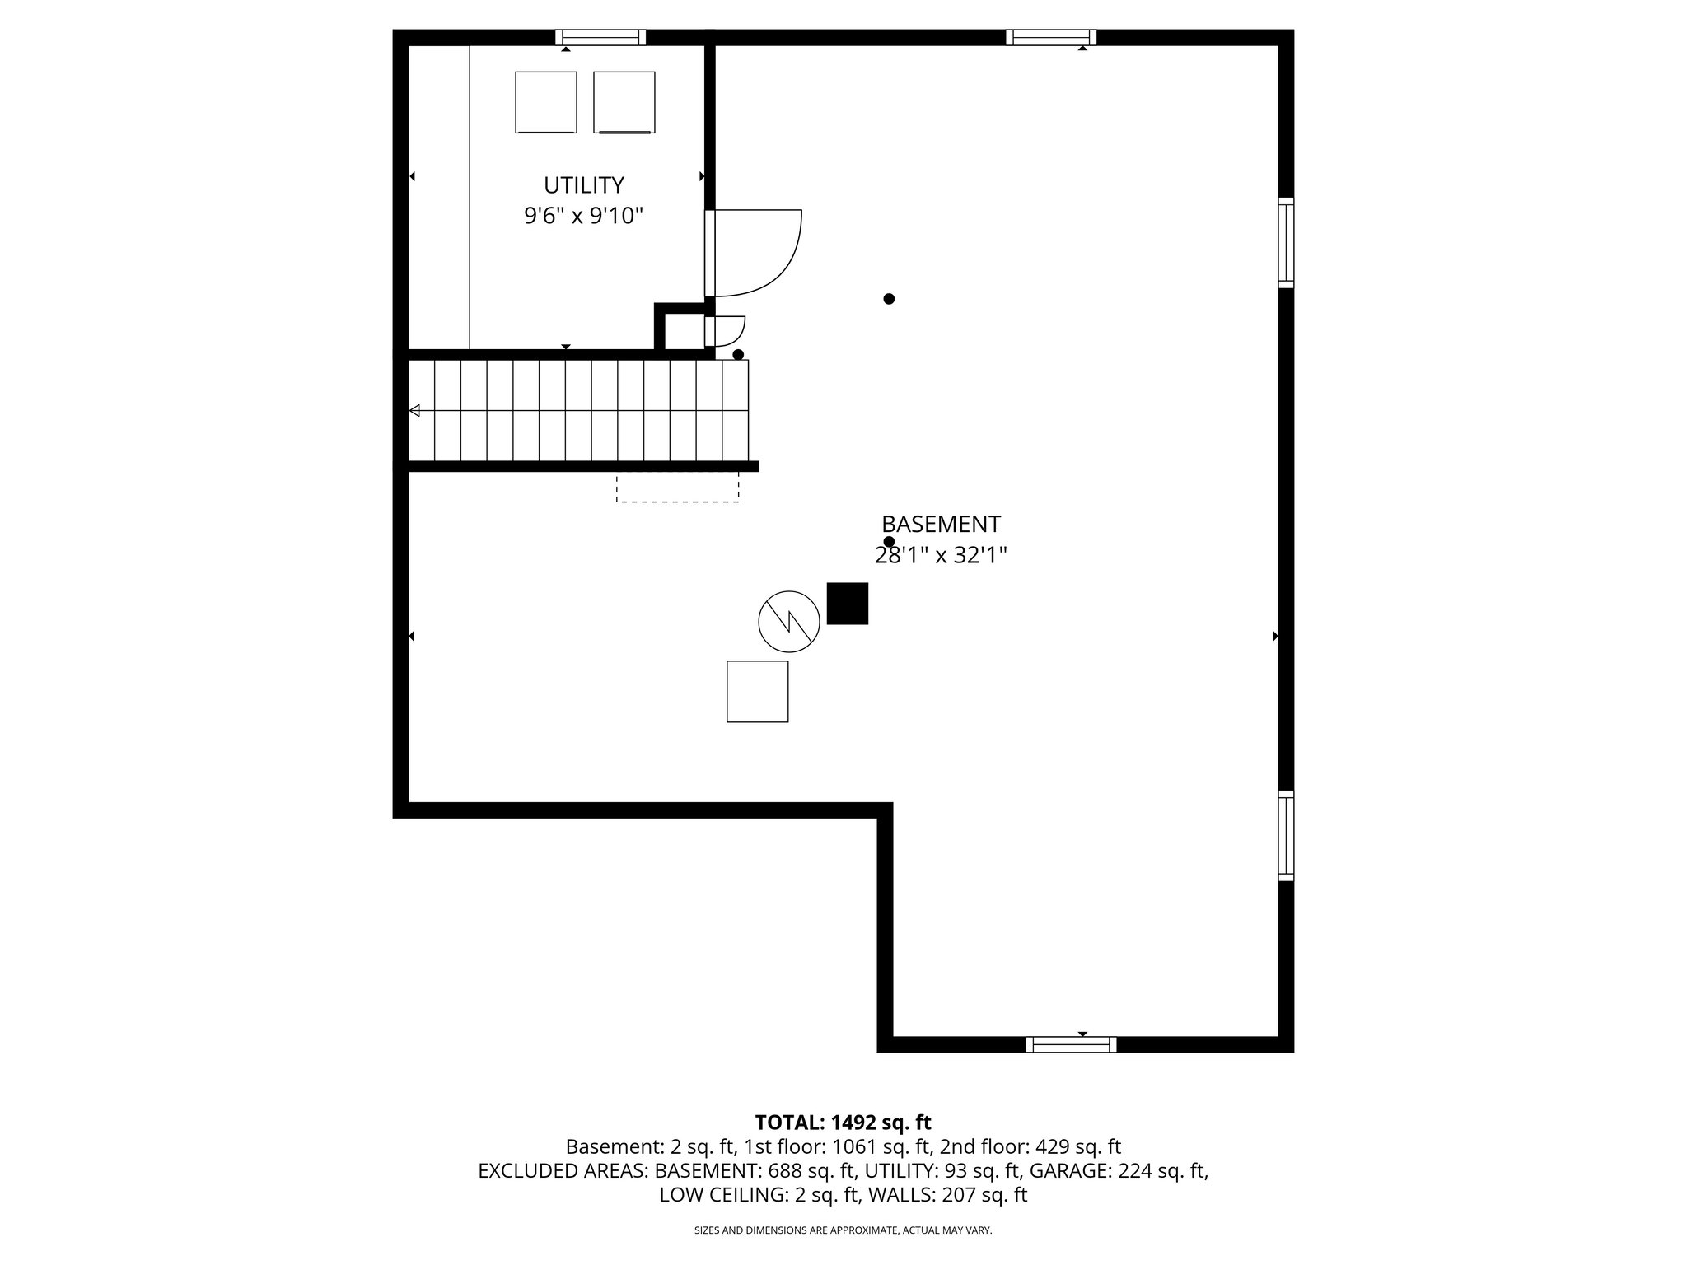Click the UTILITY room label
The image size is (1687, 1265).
point(583,184)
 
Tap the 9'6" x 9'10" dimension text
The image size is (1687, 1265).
point(583,217)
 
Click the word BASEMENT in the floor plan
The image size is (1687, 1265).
point(941,525)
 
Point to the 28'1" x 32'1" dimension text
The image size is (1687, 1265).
point(941,556)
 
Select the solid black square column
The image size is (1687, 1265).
point(847,604)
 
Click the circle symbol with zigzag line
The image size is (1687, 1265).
point(788,621)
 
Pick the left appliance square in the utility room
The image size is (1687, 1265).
point(545,102)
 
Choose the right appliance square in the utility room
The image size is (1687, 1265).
point(624,102)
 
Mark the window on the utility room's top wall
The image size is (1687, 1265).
point(600,37)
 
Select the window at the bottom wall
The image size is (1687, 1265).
point(1071,1044)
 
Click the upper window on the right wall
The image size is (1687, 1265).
point(1286,242)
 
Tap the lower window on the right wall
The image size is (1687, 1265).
point(1286,835)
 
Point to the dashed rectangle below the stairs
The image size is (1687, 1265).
point(677,487)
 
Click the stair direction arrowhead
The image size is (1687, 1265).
point(414,410)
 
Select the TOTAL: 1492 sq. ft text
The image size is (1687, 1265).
point(843,1123)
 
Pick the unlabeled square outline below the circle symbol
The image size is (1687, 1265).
point(757,692)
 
